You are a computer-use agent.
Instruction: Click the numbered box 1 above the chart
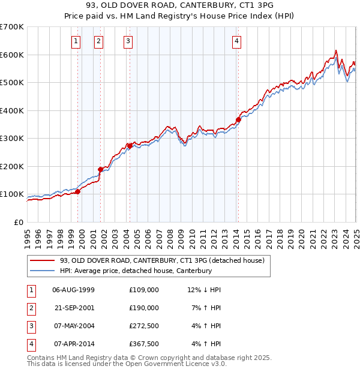tap(76, 41)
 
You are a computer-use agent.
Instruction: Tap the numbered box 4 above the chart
tap(237, 41)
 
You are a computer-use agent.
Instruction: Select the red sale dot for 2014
tap(238, 119)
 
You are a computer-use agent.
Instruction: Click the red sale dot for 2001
tap(100, 169)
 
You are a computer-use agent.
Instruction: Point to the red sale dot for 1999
tap(77, 191)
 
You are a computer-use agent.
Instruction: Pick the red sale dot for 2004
tap(130, 146)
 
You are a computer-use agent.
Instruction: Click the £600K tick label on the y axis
tap(12, 55)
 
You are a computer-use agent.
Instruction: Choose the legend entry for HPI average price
tap(136, 271)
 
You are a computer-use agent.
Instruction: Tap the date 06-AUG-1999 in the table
tap(74, 290)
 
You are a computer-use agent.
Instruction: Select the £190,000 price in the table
tap(144, 308)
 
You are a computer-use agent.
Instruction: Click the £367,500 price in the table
tap(144, 344)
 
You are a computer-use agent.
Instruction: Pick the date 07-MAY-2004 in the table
tap(74, 326)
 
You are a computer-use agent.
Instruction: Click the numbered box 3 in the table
tap(31, 326)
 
